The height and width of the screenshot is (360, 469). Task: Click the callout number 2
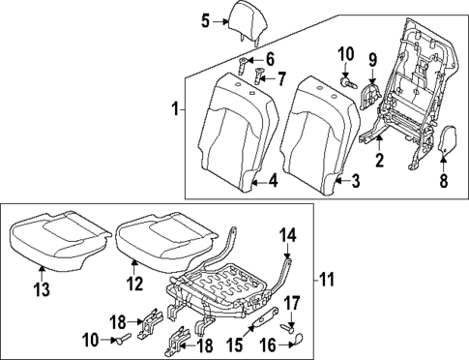380,159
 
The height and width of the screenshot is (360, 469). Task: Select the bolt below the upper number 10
345,83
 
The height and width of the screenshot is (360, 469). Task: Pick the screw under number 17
287,326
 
